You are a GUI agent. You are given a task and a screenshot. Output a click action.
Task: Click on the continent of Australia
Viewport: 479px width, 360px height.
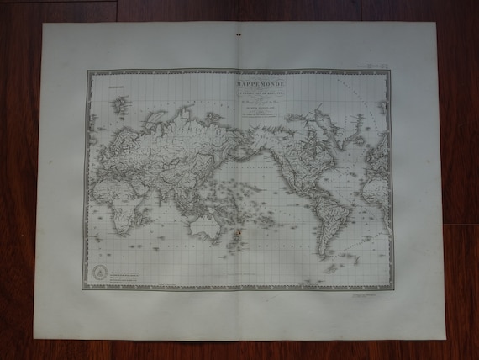click(203, 225)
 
